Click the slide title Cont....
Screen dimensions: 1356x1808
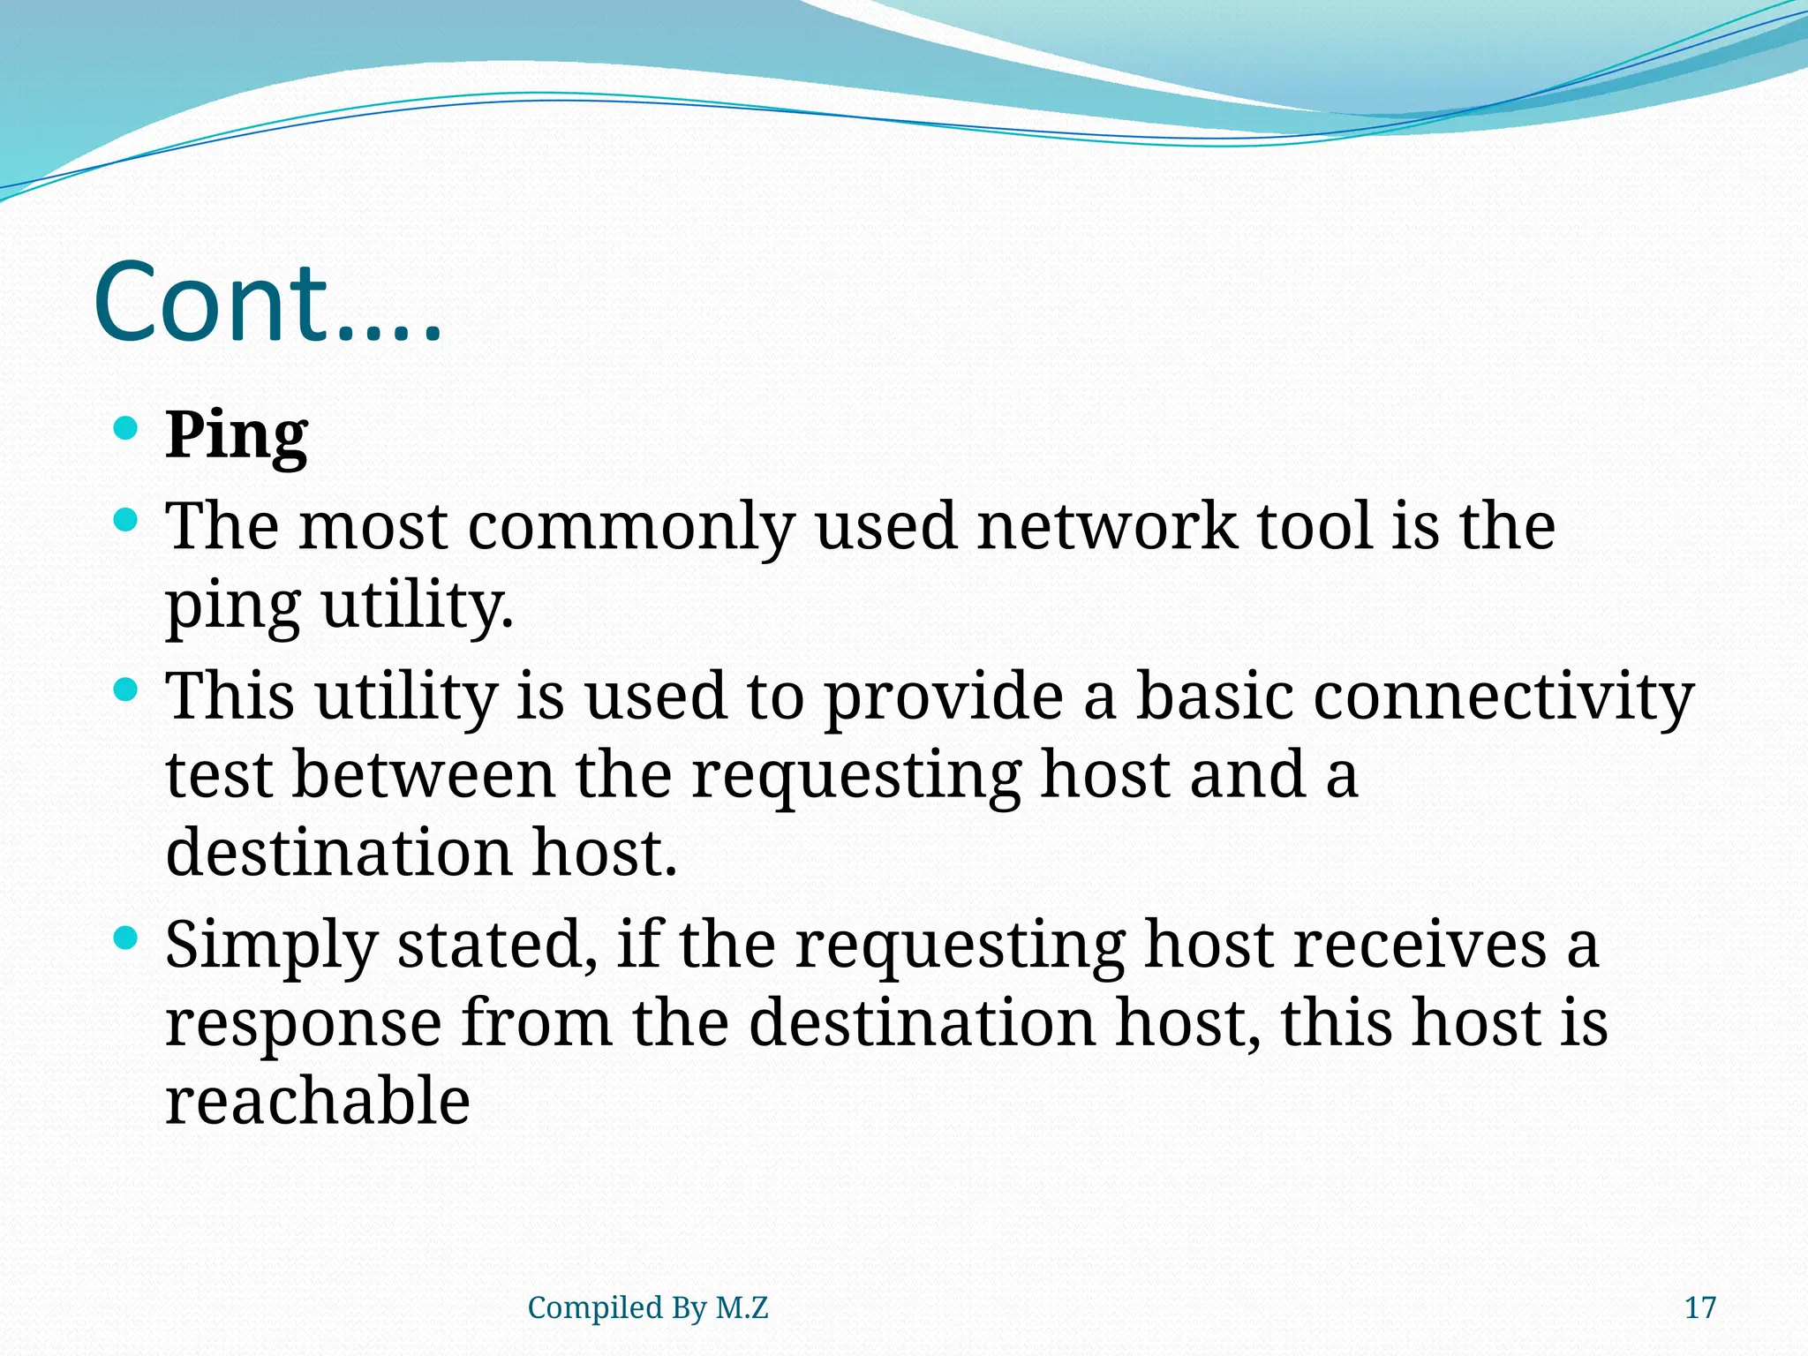click(x=267, y=302)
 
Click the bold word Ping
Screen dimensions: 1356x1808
click(x=237, y=436)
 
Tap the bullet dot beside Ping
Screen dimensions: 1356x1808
click(x=127, y=429)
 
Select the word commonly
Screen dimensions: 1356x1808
click(x=630, y=528)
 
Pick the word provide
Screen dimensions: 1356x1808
click(x=943, y=697)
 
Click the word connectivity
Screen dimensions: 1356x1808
click(x=1503, y=697)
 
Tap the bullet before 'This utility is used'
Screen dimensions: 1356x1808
click(x=127, y=689)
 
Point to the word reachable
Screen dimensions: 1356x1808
click(x=318, y=1102)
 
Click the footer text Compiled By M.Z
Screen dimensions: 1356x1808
click(x=648, y=1307)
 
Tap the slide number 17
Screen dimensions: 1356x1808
click(x=1699, y=1307)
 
